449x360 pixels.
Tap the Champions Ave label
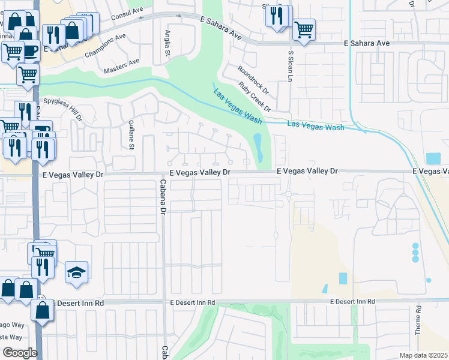[106, 45]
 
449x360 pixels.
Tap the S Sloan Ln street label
[290, 67]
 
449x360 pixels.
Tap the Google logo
[20, 352]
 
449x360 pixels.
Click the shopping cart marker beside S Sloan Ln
[304, 29]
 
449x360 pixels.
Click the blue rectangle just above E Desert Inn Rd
[343, 278]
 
